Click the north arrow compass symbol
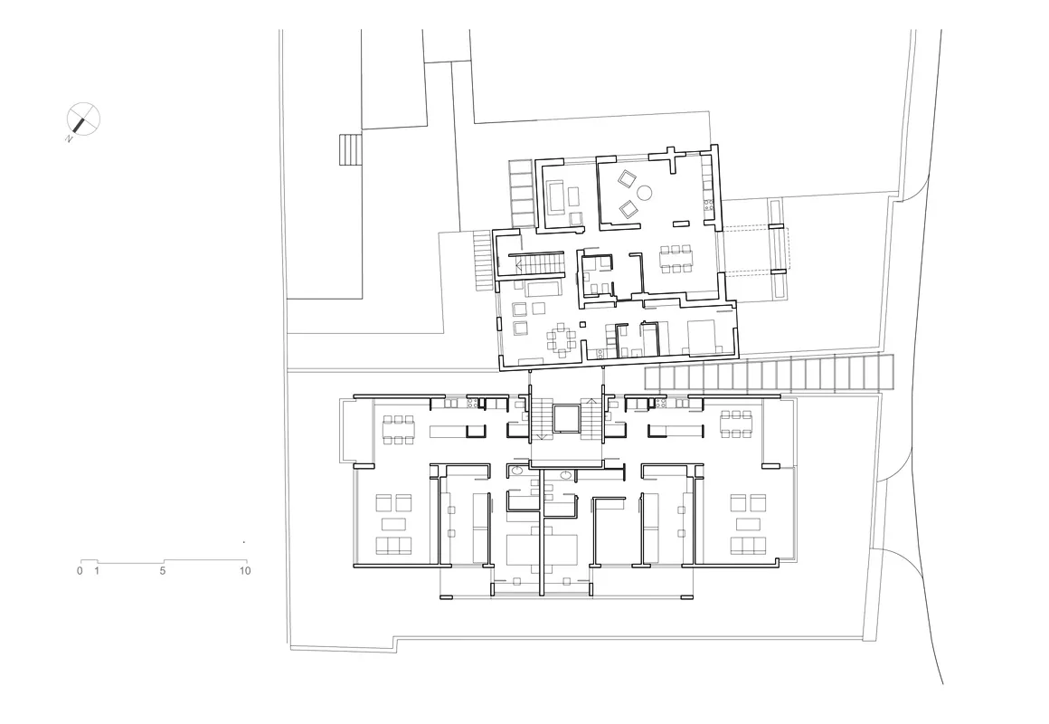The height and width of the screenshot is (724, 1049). (83, 119)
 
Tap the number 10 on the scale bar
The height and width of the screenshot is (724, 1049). (246, 571)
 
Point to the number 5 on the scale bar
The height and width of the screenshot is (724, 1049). (163, 571)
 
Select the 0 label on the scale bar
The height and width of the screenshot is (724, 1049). (80, 571)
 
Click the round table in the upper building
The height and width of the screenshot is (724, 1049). (644, 193)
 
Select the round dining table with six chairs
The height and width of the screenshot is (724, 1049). (562, 339)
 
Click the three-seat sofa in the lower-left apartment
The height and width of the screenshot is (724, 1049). (392, 545)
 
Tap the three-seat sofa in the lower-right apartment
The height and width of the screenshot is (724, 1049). (748, 545)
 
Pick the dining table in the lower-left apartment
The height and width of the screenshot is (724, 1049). (399, 429)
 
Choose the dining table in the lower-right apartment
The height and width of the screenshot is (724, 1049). (736, 424)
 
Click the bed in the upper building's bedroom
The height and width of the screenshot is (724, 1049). (703, 337)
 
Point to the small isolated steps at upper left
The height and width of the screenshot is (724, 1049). (350, 150)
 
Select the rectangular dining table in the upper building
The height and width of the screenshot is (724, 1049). (676, 259)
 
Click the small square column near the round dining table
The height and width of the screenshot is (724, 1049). (582, 324)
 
